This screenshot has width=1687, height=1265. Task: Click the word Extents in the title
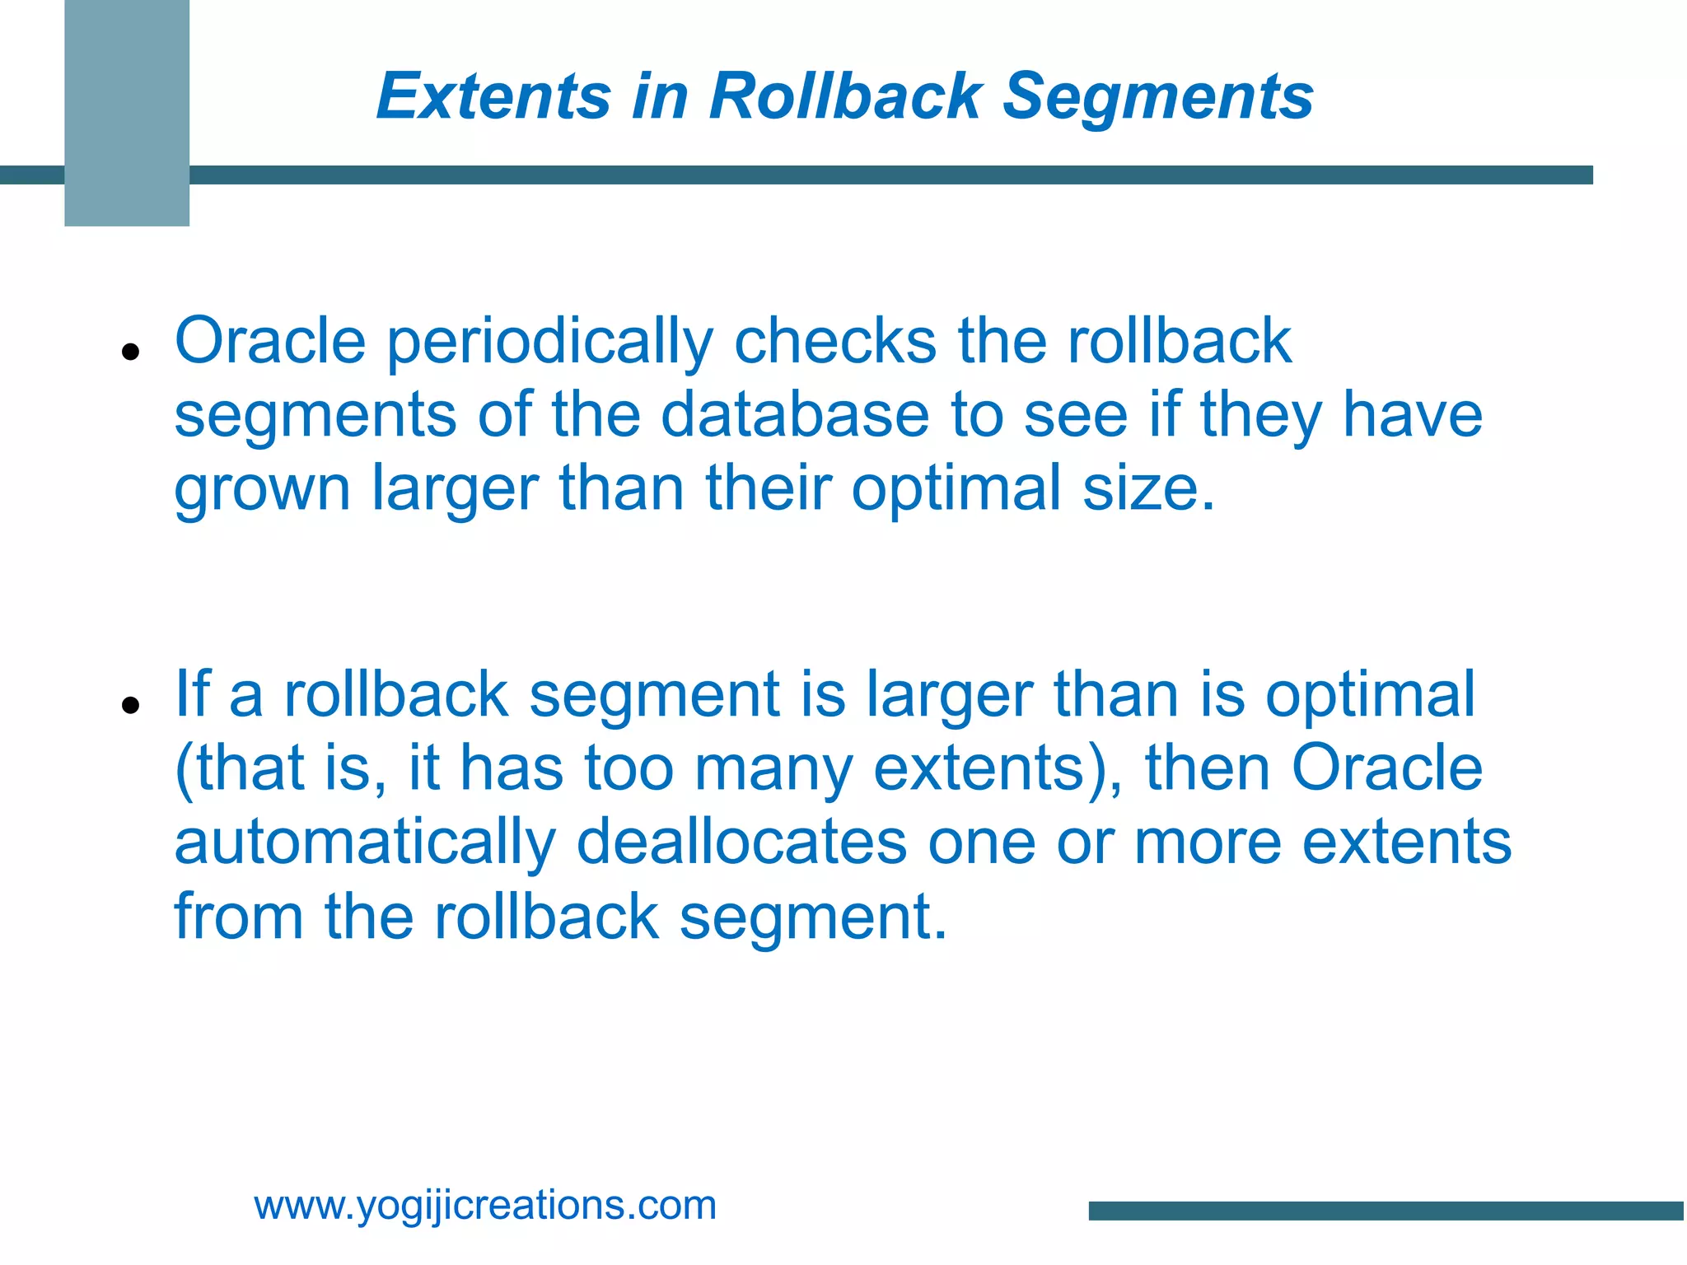(x=493, y=96)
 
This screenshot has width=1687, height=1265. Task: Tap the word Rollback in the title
(x=846, y=96)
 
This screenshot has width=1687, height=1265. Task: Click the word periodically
(x=549, y=342)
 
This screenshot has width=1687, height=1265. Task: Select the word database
(x=795, y=414)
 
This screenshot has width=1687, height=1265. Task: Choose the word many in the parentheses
(x=773, y=769)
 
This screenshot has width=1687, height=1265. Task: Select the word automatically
(x=365, y=843)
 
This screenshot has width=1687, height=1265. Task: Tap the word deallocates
(x=741, y=842)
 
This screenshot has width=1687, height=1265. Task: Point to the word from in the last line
(x=238, y=916)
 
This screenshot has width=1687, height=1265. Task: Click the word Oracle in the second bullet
(x=1387, y=768)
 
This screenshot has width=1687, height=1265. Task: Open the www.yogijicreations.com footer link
(x=485, y=1205)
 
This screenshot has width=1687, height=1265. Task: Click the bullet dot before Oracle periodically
(x=129, y=352)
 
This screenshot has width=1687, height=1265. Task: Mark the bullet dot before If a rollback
(x=129, y=705)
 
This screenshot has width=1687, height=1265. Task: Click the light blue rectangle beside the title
(x=127, y=113)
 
